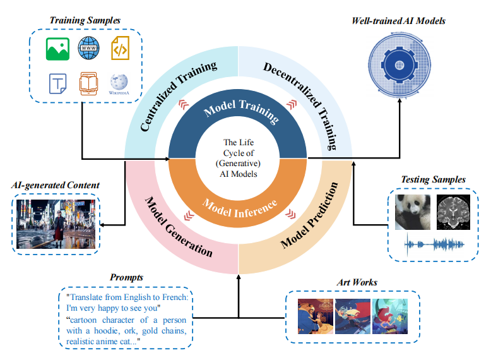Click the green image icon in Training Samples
tap(57, 49)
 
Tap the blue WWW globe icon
tap(89, 48)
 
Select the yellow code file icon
tap(120, 49)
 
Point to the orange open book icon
tap(88, 84)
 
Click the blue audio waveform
tap(434, 244)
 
